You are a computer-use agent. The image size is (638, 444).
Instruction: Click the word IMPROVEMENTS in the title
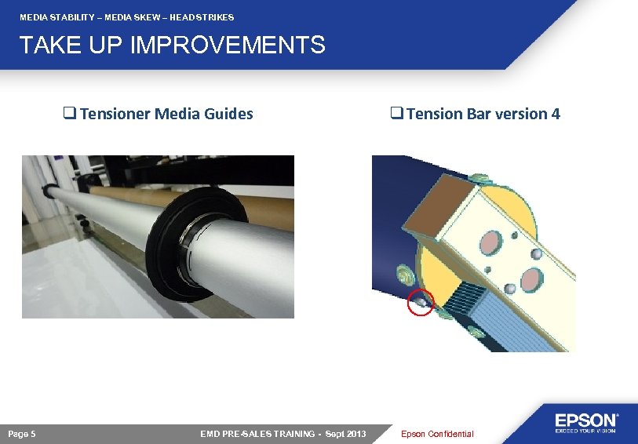[228, 45]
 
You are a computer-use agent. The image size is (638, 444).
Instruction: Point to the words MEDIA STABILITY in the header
[55, 17]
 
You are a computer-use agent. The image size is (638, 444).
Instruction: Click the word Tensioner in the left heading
[115, 114]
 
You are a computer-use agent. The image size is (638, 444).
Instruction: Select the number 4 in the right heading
[556, 114]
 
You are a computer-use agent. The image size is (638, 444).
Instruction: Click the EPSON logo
[587, 422]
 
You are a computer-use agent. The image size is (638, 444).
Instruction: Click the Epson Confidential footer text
[437, 434]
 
